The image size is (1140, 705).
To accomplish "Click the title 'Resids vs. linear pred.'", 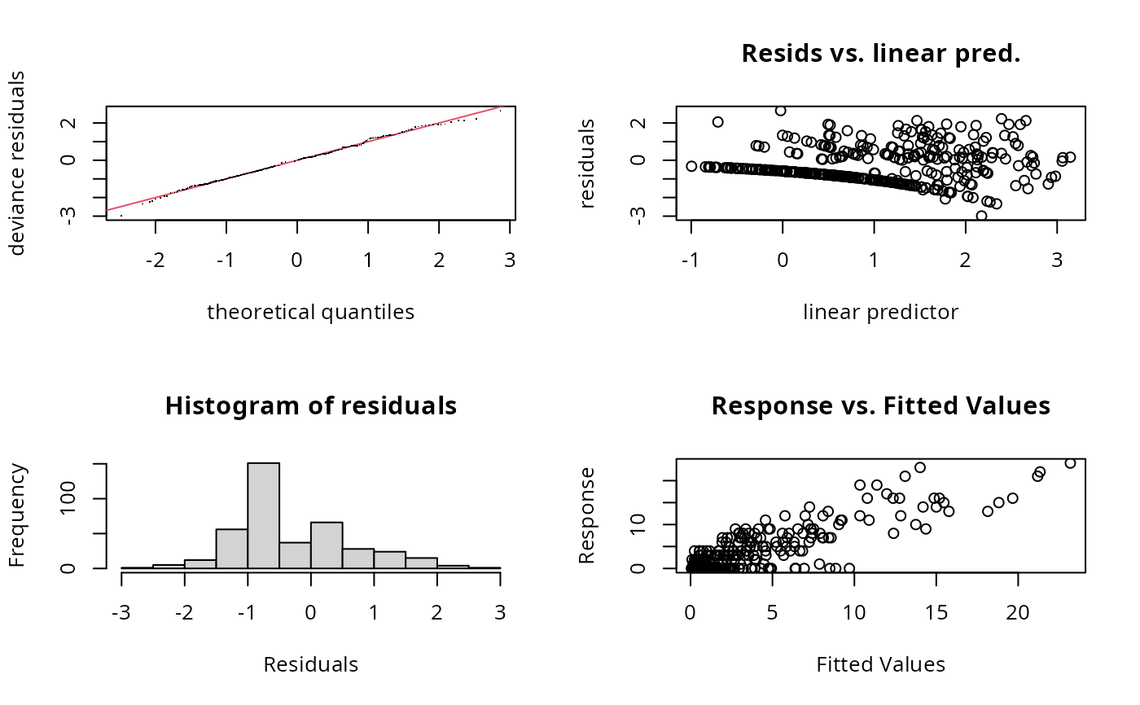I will pos(880,54).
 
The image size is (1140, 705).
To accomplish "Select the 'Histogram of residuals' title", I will pos(310,405).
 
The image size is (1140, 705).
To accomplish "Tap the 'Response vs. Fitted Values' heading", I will pos(880,405).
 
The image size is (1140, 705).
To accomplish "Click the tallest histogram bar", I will pos(263,515).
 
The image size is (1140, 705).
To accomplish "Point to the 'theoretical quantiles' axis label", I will pos(310,312).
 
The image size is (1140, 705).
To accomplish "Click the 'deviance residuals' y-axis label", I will pos(18,163).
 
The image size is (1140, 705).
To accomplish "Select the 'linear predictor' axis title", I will pos(880,312).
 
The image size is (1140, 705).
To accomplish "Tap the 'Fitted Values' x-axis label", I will pos(880,664).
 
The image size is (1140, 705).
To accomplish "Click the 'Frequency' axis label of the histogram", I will pos(18,515).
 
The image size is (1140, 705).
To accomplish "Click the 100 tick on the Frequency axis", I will pos(90,498).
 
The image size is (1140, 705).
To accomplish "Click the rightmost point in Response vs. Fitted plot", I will pos(1070,463).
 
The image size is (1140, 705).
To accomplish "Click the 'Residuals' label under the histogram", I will pos(310,664).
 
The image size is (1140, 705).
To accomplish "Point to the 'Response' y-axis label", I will pos(588,515).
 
